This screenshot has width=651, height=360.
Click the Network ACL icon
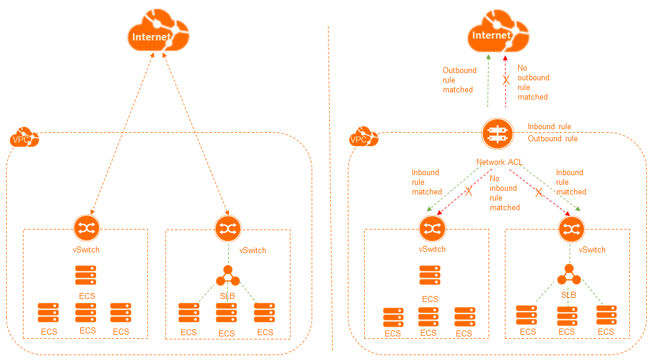click(497, 133)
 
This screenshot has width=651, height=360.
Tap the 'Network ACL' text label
click(499, 162)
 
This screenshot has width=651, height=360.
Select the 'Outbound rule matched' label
click(460, 80)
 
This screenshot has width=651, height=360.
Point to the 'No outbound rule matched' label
click(533, 83)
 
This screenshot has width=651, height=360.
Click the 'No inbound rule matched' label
click(504, 193)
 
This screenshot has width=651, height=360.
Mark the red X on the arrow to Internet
click(506, 80)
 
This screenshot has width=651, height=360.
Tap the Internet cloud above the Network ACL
click(498, 36)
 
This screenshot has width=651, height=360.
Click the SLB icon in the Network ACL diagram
click(568, 276)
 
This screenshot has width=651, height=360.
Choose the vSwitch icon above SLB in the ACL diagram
click(569, 228)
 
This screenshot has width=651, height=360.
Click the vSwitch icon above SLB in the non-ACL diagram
click(228, 228)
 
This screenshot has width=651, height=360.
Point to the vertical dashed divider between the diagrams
click(331, 181)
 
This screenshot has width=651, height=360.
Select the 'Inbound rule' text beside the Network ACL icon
click(549, 127)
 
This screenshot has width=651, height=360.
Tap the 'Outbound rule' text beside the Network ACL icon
click(553, 139)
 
